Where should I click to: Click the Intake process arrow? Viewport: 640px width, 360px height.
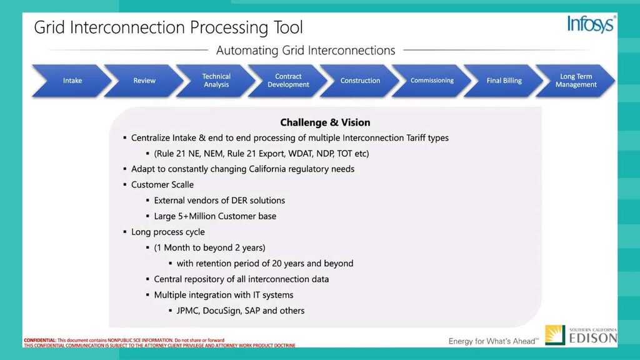[72, 81]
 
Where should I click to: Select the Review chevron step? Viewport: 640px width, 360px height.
[144, 81]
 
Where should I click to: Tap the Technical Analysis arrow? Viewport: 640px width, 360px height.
[216, 81]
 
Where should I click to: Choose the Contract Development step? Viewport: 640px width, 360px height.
[288, 81]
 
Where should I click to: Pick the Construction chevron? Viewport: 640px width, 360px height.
[360, 81]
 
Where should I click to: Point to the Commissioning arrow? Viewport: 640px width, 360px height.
[432, 81]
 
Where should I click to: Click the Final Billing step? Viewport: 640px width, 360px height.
[504, 81]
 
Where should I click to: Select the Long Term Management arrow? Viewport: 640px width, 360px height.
[576, 81]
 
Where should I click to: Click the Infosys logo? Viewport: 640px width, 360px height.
[591, 24]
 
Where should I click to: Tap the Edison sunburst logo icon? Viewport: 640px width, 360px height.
[555, 335]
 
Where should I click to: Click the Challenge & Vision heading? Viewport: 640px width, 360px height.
[325, 122]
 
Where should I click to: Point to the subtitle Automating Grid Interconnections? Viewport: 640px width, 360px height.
[306, 50]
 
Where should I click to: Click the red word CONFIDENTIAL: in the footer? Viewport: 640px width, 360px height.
[40, 340]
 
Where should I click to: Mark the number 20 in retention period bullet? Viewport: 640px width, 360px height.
[277, 263]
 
